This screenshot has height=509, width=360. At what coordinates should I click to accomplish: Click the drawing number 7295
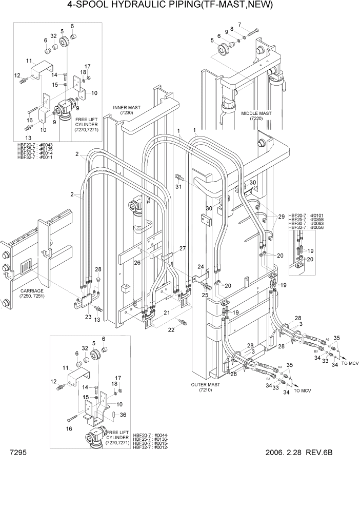pyautogui.click(x=18, y=453)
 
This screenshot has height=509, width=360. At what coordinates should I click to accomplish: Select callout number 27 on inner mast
pyautogui.click(x=182, y=248)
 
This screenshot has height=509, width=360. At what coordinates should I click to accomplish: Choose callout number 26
pyautogui.click(x=137, y=263)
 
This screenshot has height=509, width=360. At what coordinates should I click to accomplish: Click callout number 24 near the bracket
pyautogui.click(x=201, y=267)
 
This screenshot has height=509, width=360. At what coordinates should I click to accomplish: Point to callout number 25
pyautogui.click(x=205, y=295)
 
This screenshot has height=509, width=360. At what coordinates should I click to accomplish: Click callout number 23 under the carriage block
pyautogui.click(x=88, y=317)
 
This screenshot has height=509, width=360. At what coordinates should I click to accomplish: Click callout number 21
pyautogui.click(x=167, y=313)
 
